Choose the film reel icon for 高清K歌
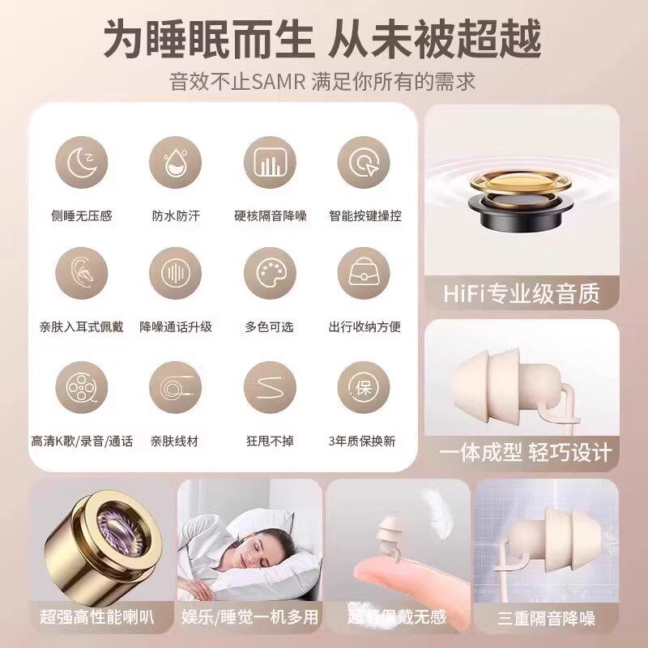tap(81, 387)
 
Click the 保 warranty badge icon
tap(364, 387)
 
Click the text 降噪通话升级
tap(176, 327)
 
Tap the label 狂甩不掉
tap(269, 441)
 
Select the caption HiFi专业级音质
tap(522, 293)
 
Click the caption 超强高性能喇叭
tap(96, 617)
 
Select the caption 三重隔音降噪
tap(546, 619)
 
